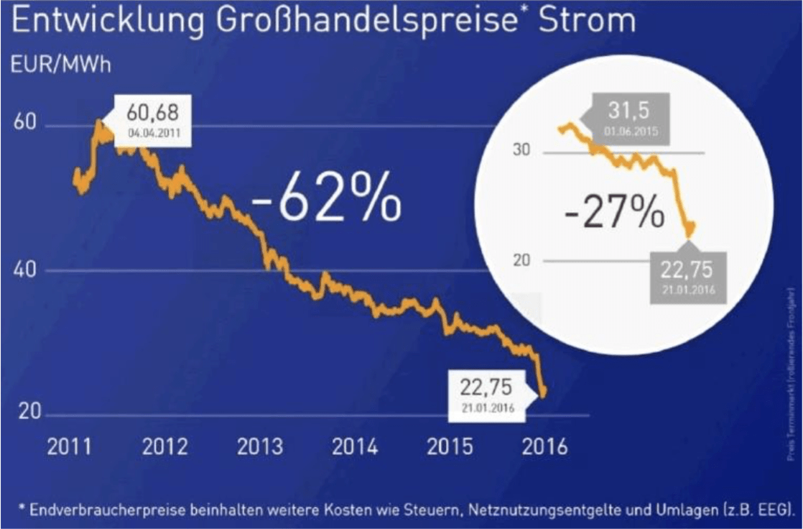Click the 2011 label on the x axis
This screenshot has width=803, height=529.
[x=70, y=447]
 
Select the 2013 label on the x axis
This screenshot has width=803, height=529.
[x=260, y=447]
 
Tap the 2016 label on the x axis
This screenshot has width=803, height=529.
[x=544, y=447]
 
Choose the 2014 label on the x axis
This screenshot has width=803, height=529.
[x=355, y=447]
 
